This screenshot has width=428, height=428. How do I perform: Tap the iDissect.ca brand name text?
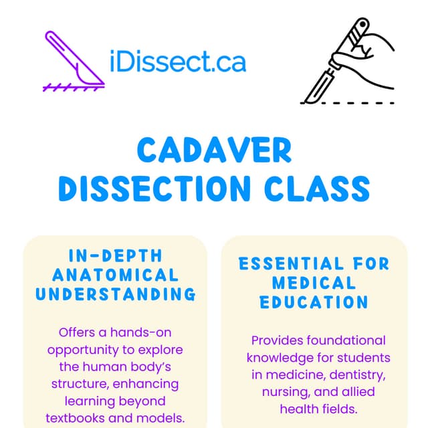177,62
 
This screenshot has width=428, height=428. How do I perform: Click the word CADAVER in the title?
214,151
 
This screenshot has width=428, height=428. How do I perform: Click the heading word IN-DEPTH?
115,256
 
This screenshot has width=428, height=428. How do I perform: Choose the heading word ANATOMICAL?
115,275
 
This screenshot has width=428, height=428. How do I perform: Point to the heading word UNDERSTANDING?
115,294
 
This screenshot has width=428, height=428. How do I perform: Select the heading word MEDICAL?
314,283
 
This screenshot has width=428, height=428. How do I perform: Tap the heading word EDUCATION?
314,302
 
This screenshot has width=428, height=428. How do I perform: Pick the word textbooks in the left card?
76,418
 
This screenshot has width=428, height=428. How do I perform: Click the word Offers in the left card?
77,332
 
